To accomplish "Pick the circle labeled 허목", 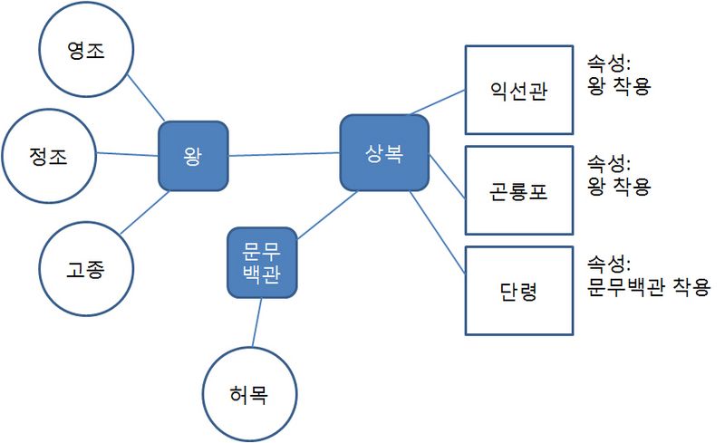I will tap(249, 395).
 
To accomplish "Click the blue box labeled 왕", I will tap(192, 156).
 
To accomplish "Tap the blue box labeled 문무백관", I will tap(262, 263).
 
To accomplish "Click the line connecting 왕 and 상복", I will tap(284, 155).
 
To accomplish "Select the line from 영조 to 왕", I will tap(144, 100).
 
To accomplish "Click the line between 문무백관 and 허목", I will tap(257, 322).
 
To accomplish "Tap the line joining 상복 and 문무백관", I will tap(326, 215).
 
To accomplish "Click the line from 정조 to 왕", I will tap(127, 155).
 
